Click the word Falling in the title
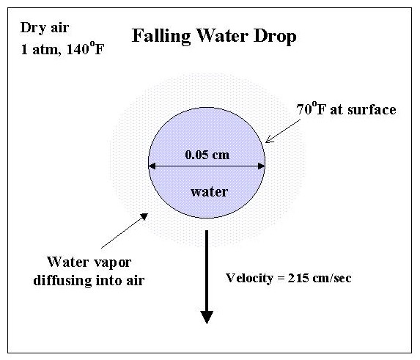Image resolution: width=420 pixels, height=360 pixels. click(x=161, y=36)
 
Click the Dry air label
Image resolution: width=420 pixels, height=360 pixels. click(x=45, y=28)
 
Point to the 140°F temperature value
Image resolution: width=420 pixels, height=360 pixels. click(x=85, y=48)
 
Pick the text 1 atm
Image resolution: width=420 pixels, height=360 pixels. click(x=40, y=50)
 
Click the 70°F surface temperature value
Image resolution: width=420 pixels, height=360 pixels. click(x=312, y=109)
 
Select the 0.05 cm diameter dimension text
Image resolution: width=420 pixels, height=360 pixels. click(x=207, y=155)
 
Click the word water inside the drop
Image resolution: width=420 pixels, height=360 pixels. click(x=209, y=192)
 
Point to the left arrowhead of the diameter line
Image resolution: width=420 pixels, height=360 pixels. click(x=152, y=166)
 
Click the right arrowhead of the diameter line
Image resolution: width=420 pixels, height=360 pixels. click(x=262, y=166)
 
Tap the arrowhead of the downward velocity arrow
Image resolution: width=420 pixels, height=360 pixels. click(x=207, y=317)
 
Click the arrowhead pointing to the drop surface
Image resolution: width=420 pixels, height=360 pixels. click(x=269, y=139)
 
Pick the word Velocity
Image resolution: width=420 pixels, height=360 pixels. click(x=249, y=279)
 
